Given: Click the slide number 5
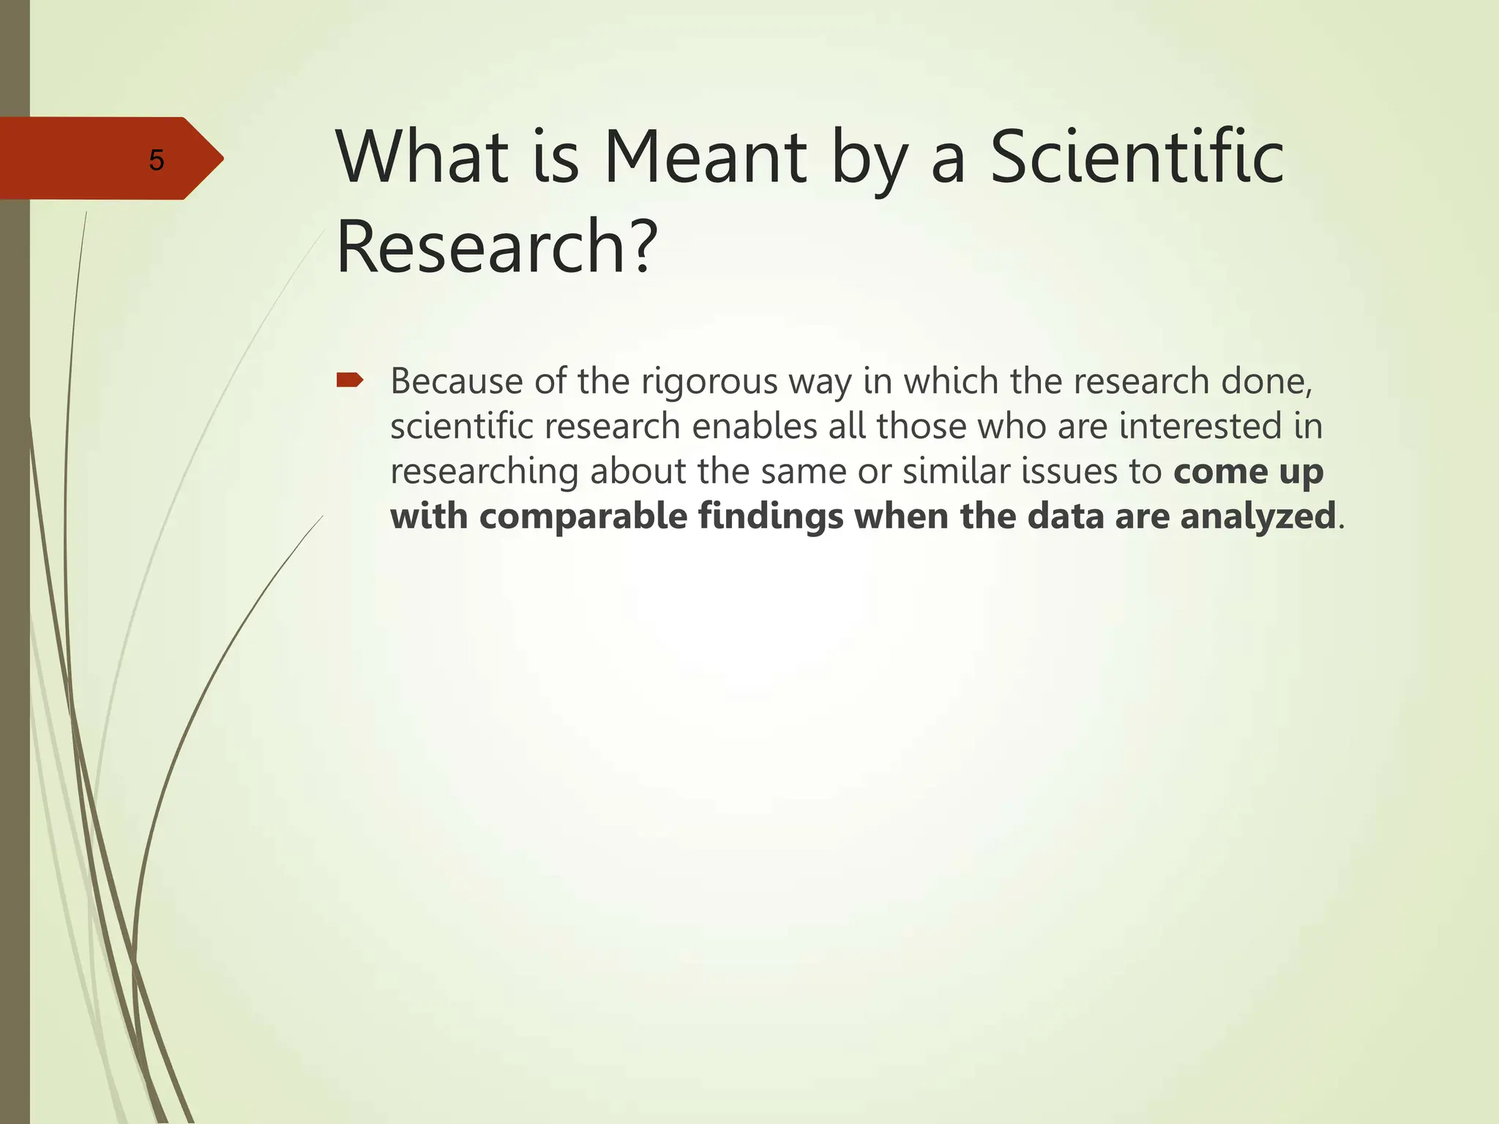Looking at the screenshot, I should tap(156, 160).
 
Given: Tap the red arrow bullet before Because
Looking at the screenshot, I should tap(349, 379).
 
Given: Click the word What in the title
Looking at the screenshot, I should tap(422, 157).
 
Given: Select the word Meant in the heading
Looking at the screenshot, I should tap(705, 157).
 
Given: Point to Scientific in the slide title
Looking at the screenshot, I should tap(1136, 157).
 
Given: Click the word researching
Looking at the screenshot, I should tap(485, 471).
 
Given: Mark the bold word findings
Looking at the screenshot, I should tap(770, 517).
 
